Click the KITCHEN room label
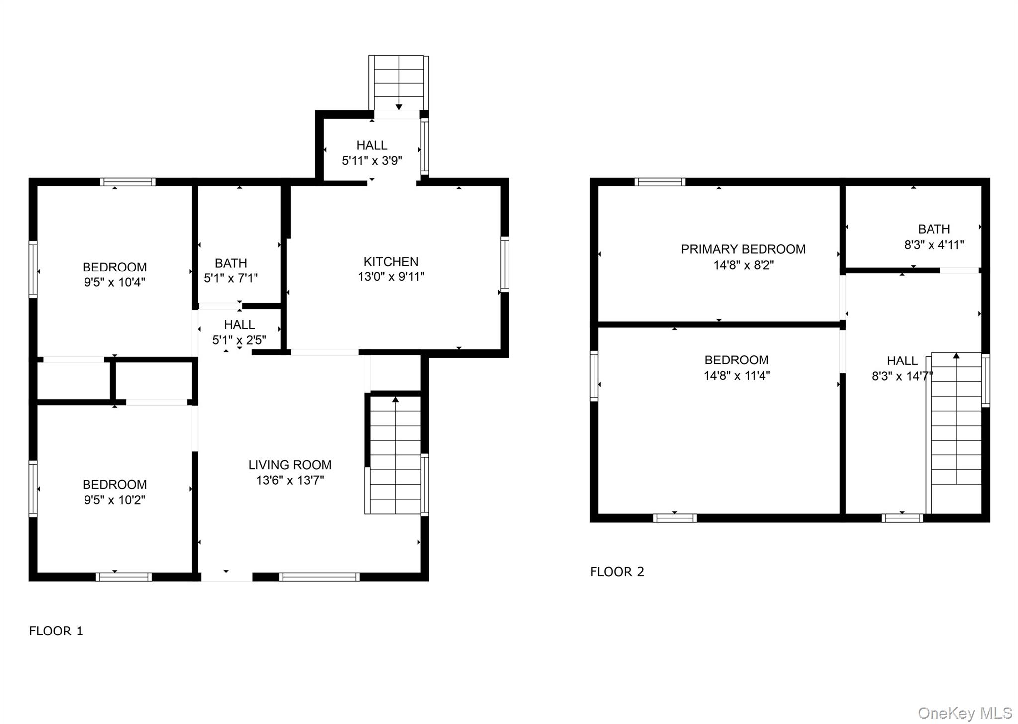click(x=391, y=262)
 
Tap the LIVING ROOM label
click(x=290, y=465)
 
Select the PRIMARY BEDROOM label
click(x=743, y=249)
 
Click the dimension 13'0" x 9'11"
click(x=391, y=277)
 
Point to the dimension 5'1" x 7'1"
click(x=231, y=278)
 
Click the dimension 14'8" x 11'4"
click(x=737, y=376)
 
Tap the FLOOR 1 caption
click(x=56, y=631)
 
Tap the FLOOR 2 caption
click(x=617, y=572)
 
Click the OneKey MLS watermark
click(x=964, y=713)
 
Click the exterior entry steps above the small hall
click(x=399, y=82)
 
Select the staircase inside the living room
click(x=395, y=455)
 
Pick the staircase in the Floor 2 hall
click(x=955, y=433)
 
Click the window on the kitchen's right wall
click(x=505, y=265)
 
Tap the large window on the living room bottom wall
click(x=319, y=577)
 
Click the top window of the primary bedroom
click(x=660, y=182)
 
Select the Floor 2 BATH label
click(x=933, y=229)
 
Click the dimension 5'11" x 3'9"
click(x=372, y=161)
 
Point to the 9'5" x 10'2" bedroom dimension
click(x=114, y=500)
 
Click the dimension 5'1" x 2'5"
click(x=239, y=340)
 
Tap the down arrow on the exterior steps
click(x=399, y=107)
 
